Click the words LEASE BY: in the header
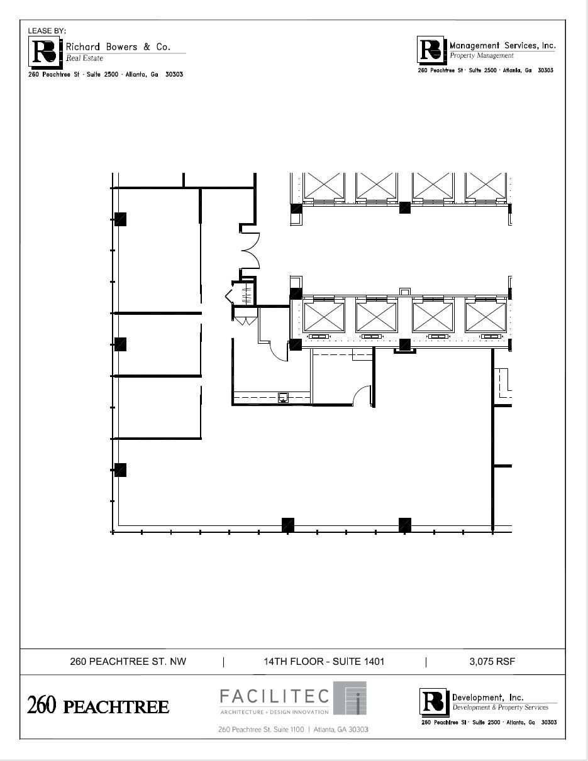pyautogui.click(x=47, y=31)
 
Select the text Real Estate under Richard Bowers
pyautogui.click(x=85, y=58)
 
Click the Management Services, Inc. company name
pyautogui.click(x=502, y=45)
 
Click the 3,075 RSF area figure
pyautogui.click(x=492, y=661)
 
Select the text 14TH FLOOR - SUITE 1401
pyautogui.click(x=324, y=661)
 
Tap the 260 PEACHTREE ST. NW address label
pyautogui.click(x=128, y=661)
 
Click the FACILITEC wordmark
pyautogui.click(x=274, y=696)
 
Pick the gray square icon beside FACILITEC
pyautogui.click(x=350, y=698)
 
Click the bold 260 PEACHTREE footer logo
pyautogui.click(x=98, y=706)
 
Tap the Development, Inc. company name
pyautogui.click(x=487, y=698)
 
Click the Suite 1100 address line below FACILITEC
pyautogui.click(x=293, y=730)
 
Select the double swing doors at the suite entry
pyautogui.click(x=250, y=251)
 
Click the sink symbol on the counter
pyautogui.click(x=283, y=397)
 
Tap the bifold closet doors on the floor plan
pyautogui.click(x=245, y=320)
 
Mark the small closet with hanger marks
pyautogui.click(x=245, y=293)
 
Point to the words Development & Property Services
pyautogui.click(x=501, y=708)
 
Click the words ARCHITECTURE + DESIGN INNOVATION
pyautogui.click(x=274, y=712)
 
